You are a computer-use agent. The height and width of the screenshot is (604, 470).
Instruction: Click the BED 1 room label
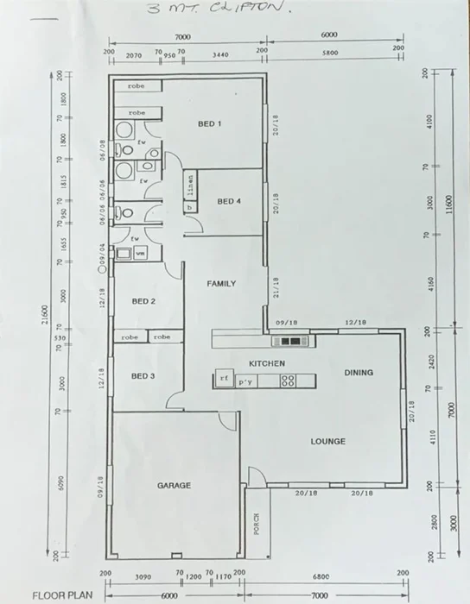(210, 124)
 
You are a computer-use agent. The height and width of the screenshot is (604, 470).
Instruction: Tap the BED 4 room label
(229, 202)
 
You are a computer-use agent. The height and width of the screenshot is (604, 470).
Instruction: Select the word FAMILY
(221, 283)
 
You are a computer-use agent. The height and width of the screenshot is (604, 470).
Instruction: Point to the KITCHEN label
(267, 364)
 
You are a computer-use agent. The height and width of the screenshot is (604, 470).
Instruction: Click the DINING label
(359, 373)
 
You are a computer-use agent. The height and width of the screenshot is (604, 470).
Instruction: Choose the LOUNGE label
(328, 442)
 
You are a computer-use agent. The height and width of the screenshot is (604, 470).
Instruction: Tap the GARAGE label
(174, 486)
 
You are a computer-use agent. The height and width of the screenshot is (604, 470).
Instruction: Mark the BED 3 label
(143, 376)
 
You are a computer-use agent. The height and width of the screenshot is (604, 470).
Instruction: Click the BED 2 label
(143, 301)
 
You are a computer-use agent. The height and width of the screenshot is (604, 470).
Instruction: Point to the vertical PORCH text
(257, 524)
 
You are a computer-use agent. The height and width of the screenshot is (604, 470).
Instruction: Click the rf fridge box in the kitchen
(224, 379)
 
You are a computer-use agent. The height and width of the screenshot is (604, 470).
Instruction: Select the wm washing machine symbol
(140, 253)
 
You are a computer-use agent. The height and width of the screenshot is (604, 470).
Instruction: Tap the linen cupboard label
(190, 183)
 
